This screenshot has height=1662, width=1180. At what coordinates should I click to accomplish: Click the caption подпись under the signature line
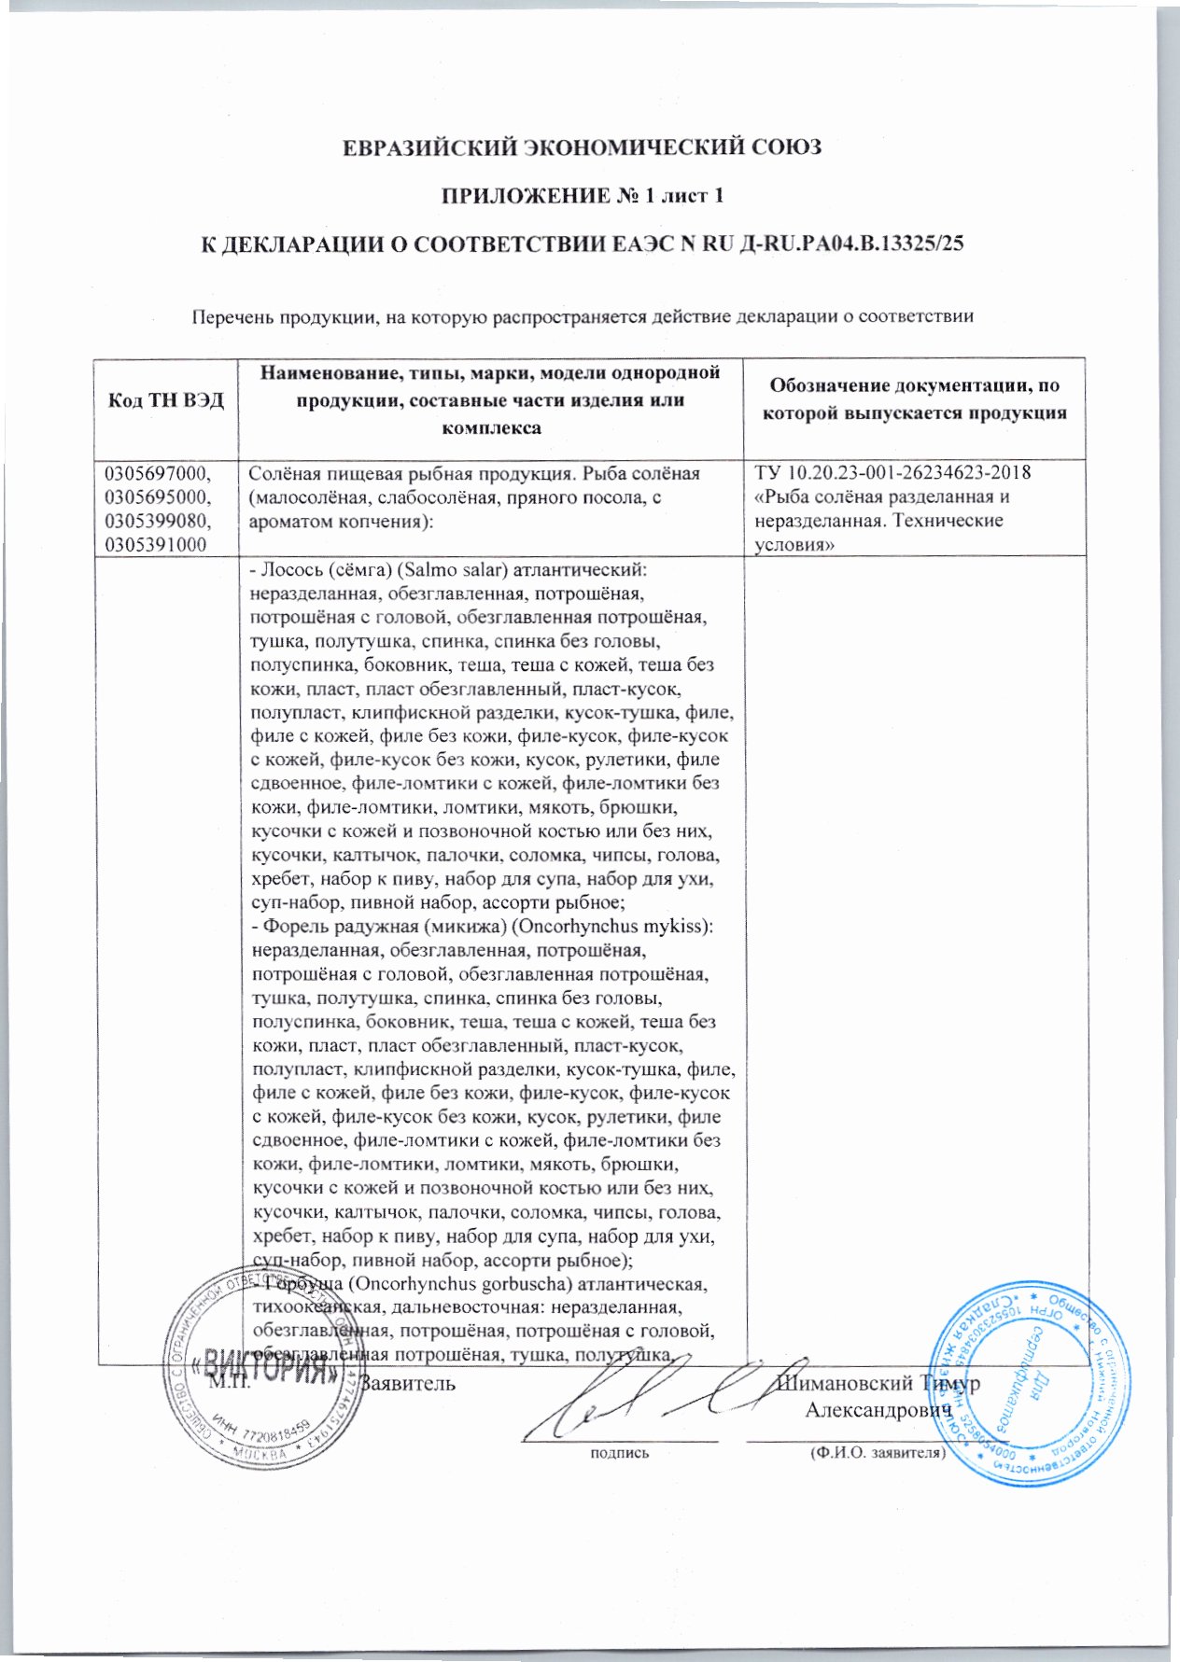coord(618,1452)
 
